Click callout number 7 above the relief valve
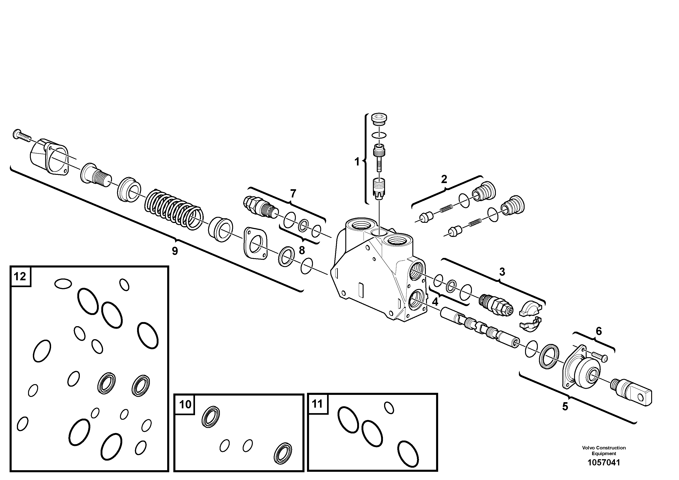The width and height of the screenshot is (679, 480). [293, 194]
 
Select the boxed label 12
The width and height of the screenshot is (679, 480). [20, 276]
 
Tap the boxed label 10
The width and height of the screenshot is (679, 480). [185, 404]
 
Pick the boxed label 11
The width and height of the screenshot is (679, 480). [317, 404]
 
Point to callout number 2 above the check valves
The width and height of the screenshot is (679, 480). [444, 179]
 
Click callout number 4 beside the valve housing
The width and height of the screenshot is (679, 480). [435, 302]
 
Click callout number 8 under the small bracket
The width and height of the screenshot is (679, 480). [302, 250]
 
